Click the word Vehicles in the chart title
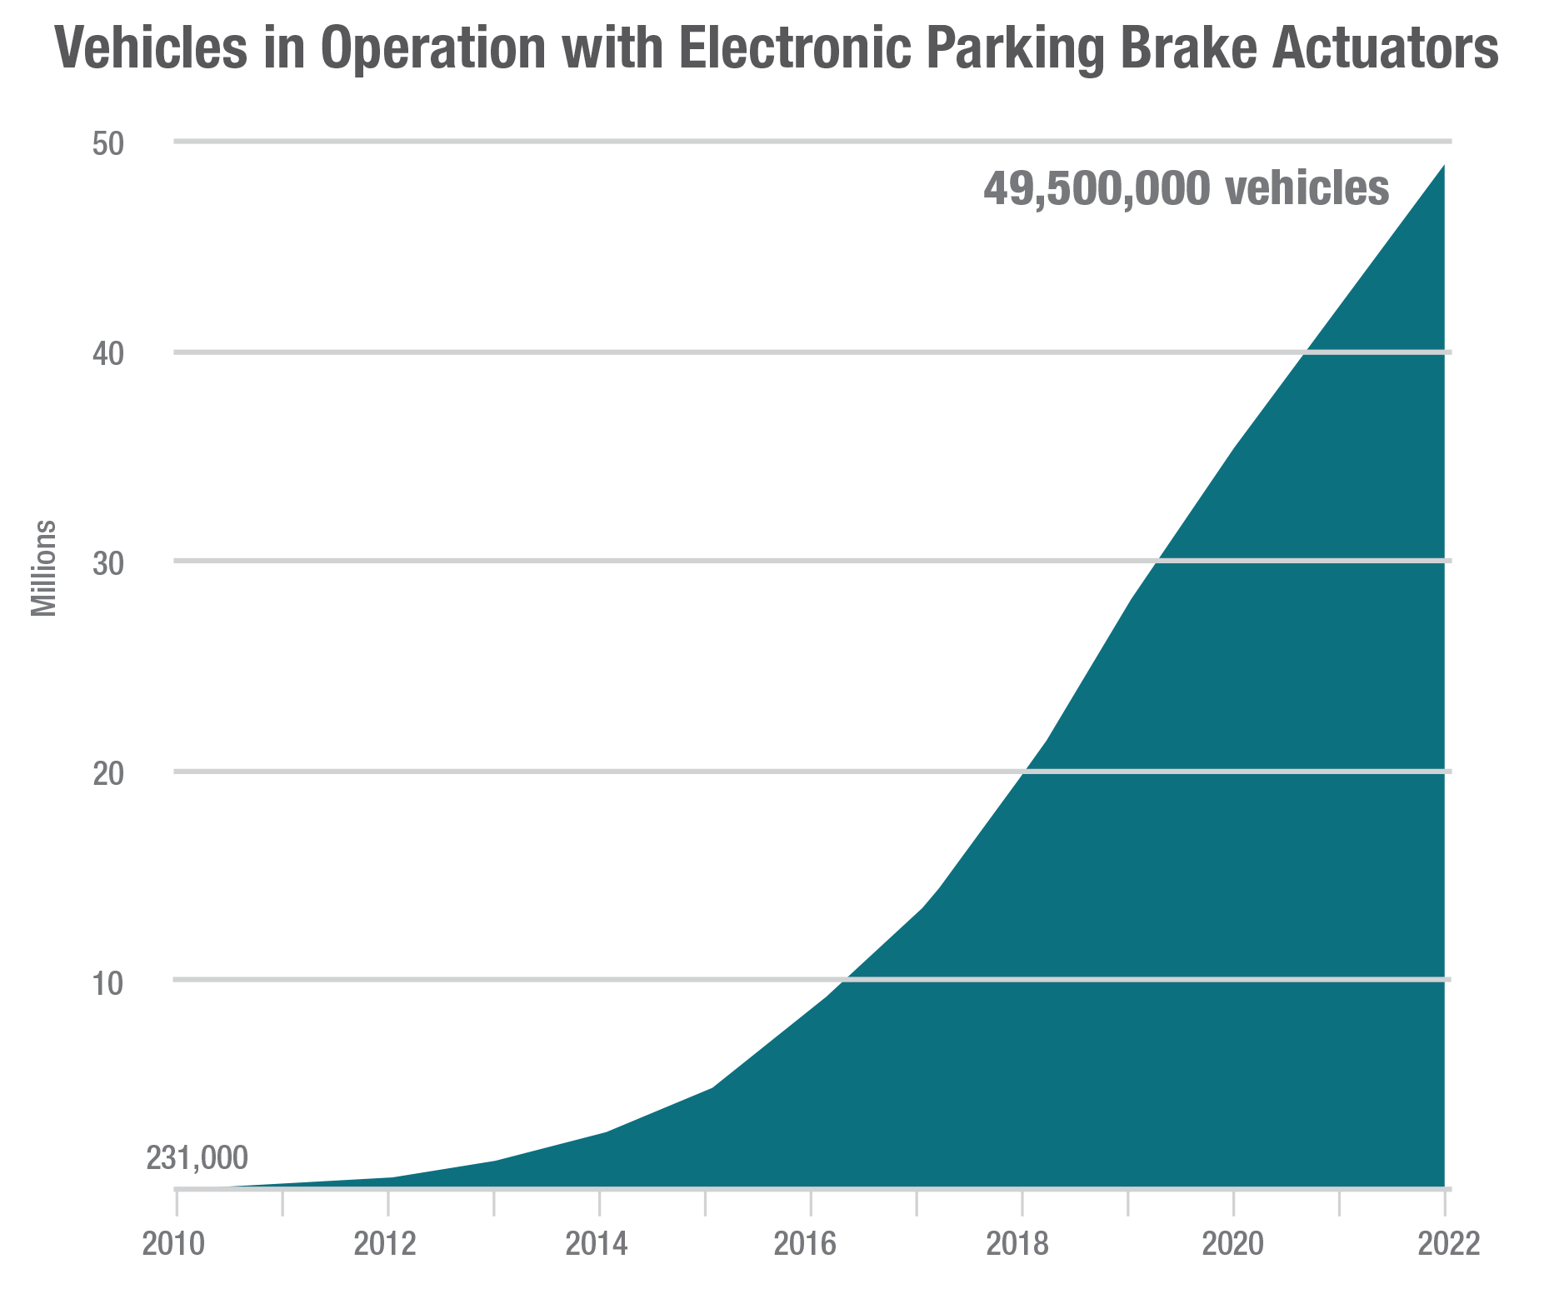pos(151,48)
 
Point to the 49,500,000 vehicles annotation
pos(1186,188)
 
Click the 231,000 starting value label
pos(197,1158)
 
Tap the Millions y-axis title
pos(44,568)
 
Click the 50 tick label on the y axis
pos(108,144)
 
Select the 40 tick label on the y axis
pos(108,354)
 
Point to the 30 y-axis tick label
pos(108,564)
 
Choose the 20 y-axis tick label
pos(108,774)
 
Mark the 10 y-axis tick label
pos(108,983)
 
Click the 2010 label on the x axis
pos(174,1245)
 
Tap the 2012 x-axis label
pos(385,1245)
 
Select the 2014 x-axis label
pos(597,1245)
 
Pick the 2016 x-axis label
pos(806,1245)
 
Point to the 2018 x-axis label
pos(1018,1245)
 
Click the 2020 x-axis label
pos(1232,1245)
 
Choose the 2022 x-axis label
pos(1448,1245)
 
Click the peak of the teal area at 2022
pos(1443,166)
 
